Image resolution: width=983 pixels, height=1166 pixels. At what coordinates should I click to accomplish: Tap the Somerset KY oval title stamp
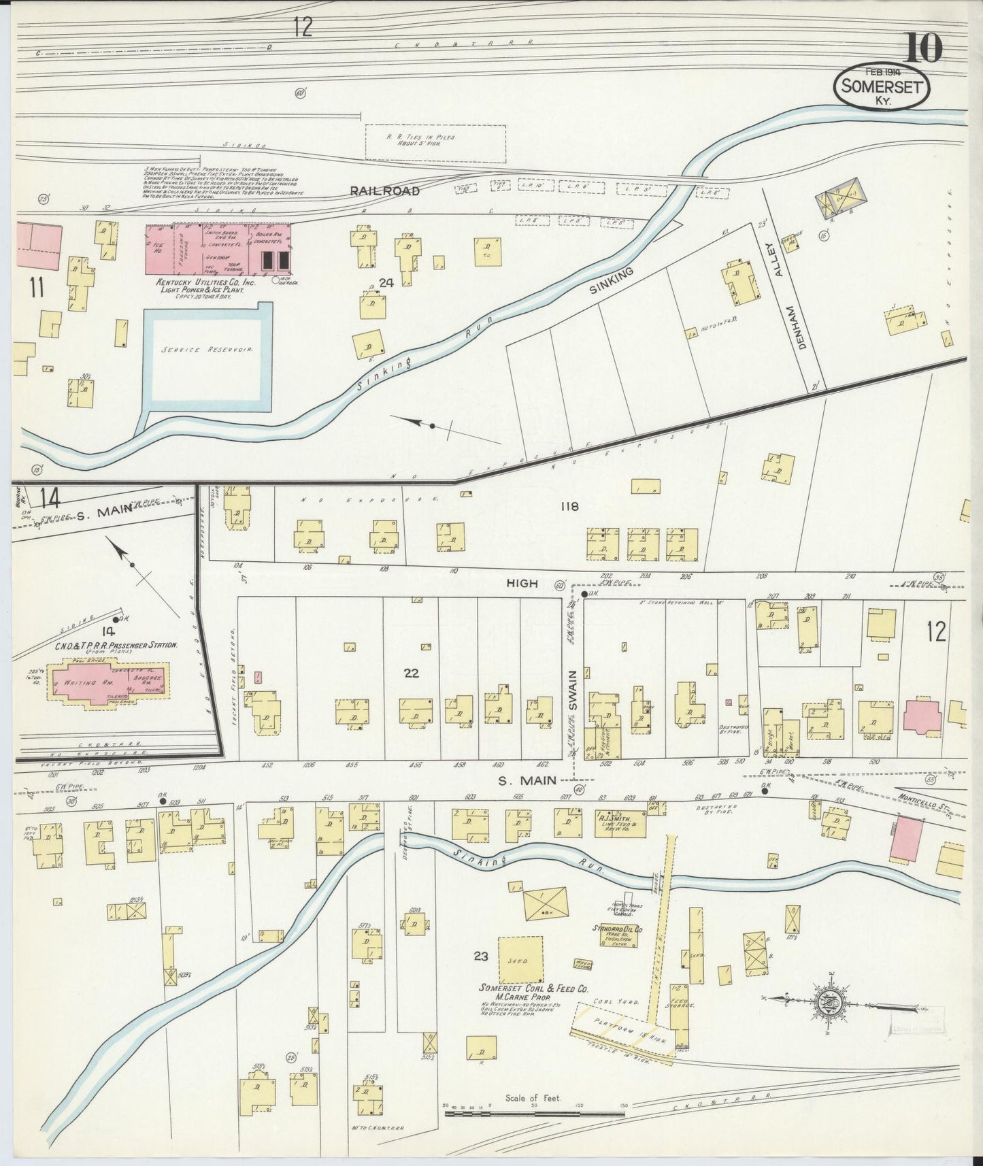[x=882, y=87]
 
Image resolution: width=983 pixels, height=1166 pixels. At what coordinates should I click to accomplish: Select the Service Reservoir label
[x=203, y=349]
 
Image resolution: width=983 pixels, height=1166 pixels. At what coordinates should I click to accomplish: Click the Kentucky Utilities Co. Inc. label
[x=197, y=282]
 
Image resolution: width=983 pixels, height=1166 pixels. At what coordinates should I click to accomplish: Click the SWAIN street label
[x=573, y=690]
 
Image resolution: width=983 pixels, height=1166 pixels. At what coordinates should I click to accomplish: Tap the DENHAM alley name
[x=802, y=326]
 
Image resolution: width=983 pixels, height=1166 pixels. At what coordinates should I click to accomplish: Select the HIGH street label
[x=522, y=583]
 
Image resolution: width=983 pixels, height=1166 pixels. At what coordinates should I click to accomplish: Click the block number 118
[x=569, y=506]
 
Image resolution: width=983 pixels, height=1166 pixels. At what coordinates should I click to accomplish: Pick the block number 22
[x=411, y=673]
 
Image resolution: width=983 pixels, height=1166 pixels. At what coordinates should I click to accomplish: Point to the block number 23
[x=481, y=956]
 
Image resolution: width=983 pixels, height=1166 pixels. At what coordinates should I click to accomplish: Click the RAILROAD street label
[x=384, y=191]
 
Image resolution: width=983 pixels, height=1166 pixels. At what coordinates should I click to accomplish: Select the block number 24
[x=386, y=282]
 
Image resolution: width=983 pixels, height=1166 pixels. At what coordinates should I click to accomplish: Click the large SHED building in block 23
[x=520, y=961]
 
